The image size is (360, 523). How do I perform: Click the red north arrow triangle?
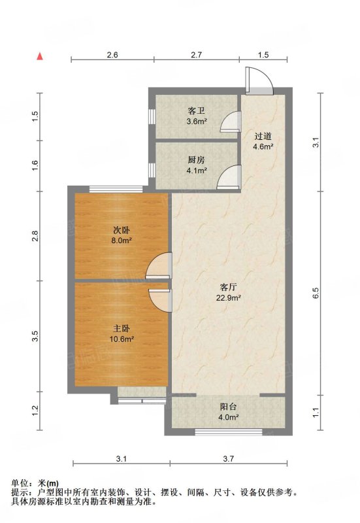[x=40, y=56]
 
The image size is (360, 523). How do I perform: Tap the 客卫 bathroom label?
[x=196, y=110]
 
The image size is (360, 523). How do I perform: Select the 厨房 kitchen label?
[x=196, y=160]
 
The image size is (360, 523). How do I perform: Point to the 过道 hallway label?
[x=263, y=136]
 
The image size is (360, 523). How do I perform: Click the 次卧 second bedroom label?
[x=122, y=230]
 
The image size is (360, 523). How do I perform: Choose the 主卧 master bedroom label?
[x=122, y=329]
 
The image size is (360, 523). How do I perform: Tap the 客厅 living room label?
[x=229, y=286]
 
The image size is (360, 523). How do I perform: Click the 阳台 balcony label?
[x=229, y=407]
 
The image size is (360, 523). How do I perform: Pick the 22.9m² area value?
[x=229, y=297]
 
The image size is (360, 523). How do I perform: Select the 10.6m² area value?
[x=122, y=339]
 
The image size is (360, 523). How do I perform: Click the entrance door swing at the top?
[x=259, y=80]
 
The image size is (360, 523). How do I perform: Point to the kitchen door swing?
[x=229, y=177]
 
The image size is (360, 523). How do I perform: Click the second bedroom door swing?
[x=159, y=266]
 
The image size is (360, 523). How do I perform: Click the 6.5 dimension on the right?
[x=316, y=293]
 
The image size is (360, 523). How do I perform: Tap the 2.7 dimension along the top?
[x=196, y=55]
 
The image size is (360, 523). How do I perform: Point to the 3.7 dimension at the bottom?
[x=228, y=459]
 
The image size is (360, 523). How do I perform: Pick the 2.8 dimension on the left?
[x=36, y=236]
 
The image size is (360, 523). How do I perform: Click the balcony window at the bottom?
[x=229, y=432]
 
